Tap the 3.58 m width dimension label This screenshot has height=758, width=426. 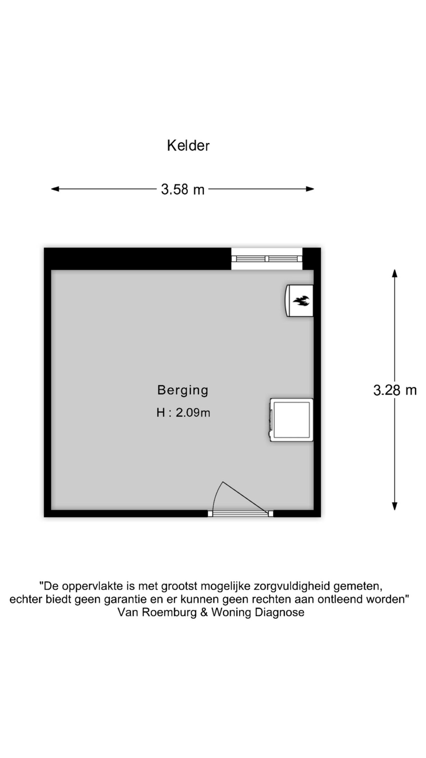tap(183, 189)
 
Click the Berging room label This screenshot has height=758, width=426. tap(183, 390)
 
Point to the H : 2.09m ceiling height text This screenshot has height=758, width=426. tap(183, 413)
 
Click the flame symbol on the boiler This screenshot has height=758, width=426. tap(301, 301)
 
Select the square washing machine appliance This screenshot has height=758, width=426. tap(291, 420)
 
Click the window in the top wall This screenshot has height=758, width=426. tap(267, 259)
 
